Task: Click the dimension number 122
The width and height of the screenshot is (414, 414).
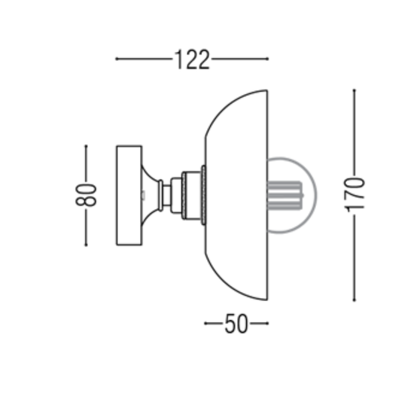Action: click(x=192, y=59)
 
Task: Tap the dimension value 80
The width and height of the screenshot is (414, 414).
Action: click(x=87, y=195)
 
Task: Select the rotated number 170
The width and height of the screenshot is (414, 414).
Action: click(x=355, y=194)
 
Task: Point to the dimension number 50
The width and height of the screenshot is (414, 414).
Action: click(x=236, y=324)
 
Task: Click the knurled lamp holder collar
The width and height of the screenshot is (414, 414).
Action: click(x=190, y=195)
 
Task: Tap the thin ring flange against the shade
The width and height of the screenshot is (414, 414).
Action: click(x=202, y=195)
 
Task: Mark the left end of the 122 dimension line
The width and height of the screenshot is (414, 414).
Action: click(x=115, y=59)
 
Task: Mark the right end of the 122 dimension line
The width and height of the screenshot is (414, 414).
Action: click(x=268, y=59)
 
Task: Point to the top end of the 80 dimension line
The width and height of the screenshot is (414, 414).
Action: click(x=87, y=146)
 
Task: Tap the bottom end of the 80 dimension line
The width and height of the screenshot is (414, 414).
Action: click(x=87, y=245)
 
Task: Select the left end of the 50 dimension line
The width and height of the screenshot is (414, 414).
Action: click(x=205, y=324)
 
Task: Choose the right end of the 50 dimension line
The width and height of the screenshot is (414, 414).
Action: click(x=268, y=324)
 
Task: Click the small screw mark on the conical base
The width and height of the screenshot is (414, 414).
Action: click(x=144, y=195)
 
